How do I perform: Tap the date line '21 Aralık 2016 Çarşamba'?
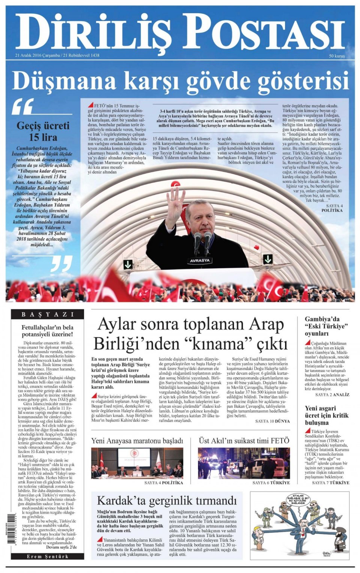tap(37, 55)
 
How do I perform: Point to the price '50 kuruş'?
tap(337, 56)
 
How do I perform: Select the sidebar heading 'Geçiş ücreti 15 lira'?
tap(43, 131)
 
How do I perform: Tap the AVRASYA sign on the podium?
tap(200, 260)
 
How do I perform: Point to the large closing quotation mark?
tap(61, 264)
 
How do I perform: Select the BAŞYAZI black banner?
tap(47, 314)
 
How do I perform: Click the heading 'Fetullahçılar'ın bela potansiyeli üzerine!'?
tap(47, 331)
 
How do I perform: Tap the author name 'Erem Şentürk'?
tap(47, 556)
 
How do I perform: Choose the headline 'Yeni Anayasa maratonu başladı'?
tap(137, 441)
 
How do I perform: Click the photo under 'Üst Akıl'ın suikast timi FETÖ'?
tap(244, 463)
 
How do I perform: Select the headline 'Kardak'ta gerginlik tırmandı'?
tap(167, 500)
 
